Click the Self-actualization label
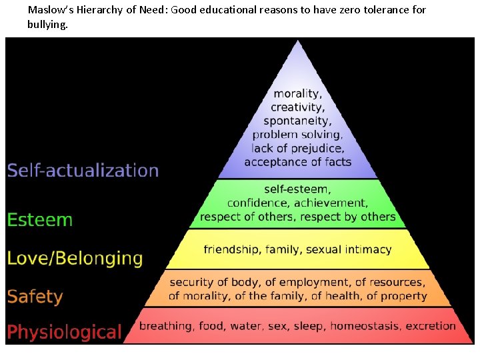click(83, 170)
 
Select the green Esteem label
click(40, 219)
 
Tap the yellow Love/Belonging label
click(75, 258)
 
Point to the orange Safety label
click(35, 296)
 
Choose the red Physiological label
click(65, 332)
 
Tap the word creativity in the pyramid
click(297, 107)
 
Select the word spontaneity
click(297, 121)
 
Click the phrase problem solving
click(297, 135)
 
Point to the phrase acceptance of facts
click(297, 162)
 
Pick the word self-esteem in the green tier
click(295, 190)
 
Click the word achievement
click(332, 203)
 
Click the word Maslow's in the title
click(48, 10)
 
